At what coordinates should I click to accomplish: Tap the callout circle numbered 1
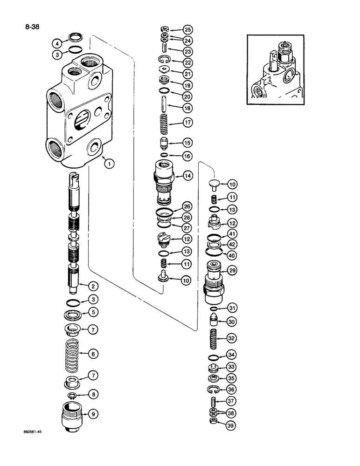pos(108,164)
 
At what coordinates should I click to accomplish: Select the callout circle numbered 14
pos(187,176)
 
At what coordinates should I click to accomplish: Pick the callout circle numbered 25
pos(187,29)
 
